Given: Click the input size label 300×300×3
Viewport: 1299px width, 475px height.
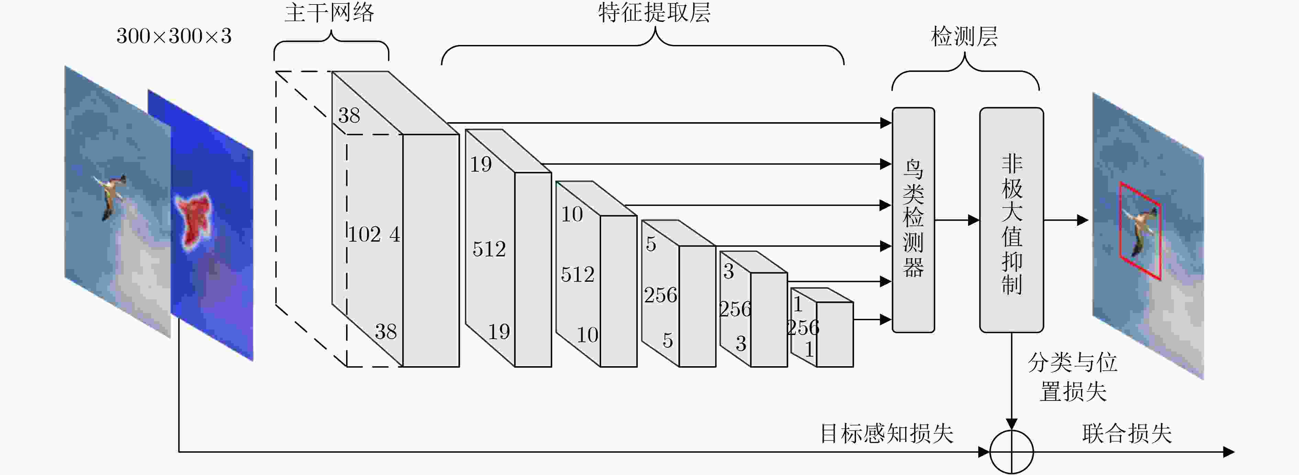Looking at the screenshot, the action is point(174,36).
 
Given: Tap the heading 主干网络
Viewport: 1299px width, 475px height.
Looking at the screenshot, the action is point(330,13).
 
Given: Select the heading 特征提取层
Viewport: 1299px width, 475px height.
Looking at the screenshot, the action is point(655,13).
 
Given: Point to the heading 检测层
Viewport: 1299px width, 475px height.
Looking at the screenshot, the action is point(964,37).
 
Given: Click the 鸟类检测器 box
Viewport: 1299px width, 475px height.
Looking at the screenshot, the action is point(913,220).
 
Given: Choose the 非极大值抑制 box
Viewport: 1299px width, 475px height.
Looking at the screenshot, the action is point(1012,220).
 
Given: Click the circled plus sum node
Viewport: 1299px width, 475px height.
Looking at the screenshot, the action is point(1012,452).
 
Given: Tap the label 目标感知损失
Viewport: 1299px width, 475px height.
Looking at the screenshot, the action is point(887,434).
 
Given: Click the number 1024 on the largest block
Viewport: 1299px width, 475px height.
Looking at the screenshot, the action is point(374,234).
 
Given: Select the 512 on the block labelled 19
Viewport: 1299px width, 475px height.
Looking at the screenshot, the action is point(489,249).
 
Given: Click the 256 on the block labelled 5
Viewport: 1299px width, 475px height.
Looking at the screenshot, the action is point(660,295).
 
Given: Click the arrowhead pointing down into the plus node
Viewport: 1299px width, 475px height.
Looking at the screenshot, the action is point(1012,424).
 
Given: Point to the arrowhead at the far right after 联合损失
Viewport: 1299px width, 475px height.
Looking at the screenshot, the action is point(1229,452).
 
